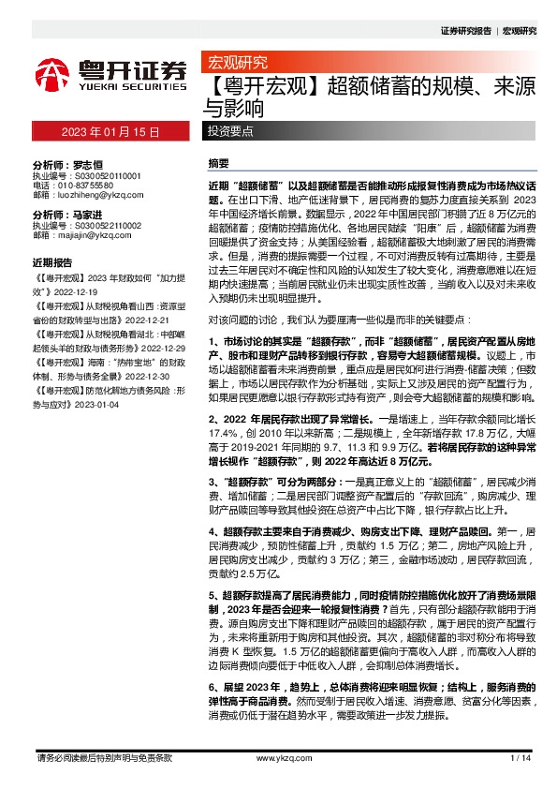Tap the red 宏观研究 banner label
(x=234, y=65)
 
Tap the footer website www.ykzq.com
(x=277, y=758)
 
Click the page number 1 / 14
(x=521, y=758)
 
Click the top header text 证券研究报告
(x=465, y=31)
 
